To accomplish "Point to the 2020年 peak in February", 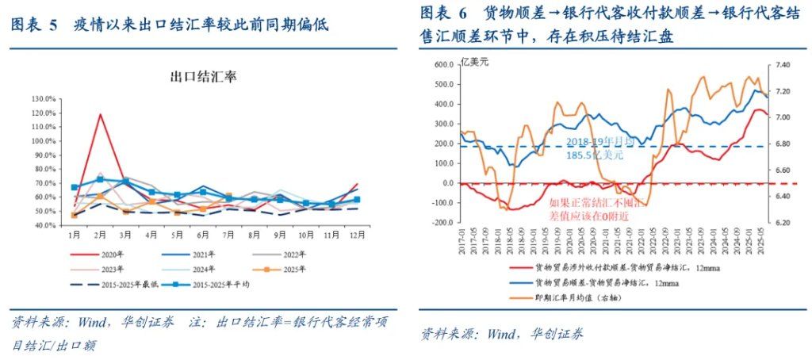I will point(101,114).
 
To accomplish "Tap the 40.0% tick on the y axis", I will point(44,226).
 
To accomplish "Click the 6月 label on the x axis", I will point(203,236).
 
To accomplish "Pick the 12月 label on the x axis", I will point(358,236).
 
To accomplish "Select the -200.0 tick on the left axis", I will point(440,223).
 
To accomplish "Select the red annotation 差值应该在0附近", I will point(597,215).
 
